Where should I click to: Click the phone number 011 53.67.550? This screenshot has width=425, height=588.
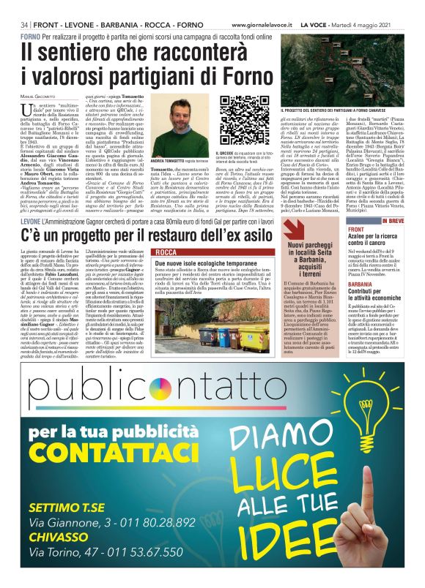(x=147, y=554)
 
